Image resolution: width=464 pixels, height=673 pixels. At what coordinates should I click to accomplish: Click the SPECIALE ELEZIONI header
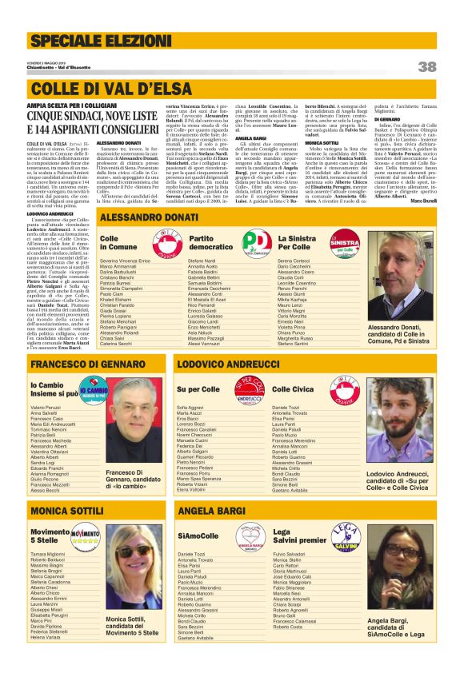[x=86, y=39]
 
